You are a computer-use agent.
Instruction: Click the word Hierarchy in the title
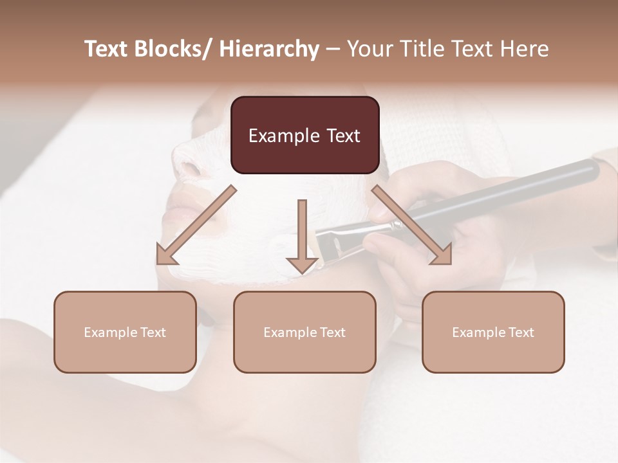(269, 49)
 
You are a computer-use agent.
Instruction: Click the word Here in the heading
(524, 49)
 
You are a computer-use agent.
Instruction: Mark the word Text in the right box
(521, 332)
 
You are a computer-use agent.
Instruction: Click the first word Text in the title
(107, 49)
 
